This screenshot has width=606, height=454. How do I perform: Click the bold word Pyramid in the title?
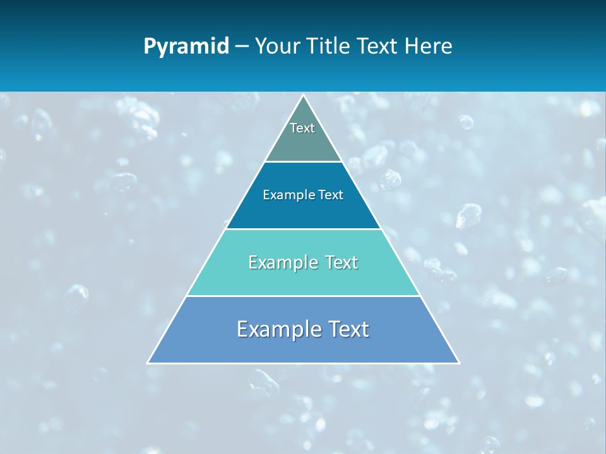(186, 47)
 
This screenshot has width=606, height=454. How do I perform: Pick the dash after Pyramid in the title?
(241, 47)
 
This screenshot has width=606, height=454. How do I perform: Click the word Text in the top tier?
(302, 128)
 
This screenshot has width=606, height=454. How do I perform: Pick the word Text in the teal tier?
(340, 262)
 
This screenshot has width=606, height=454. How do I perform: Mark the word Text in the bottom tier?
(347, 329)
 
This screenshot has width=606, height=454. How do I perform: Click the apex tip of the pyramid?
(303, 96)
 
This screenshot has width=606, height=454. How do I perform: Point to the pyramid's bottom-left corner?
(148, 363)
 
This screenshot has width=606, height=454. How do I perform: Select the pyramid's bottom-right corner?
(458, 363)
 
